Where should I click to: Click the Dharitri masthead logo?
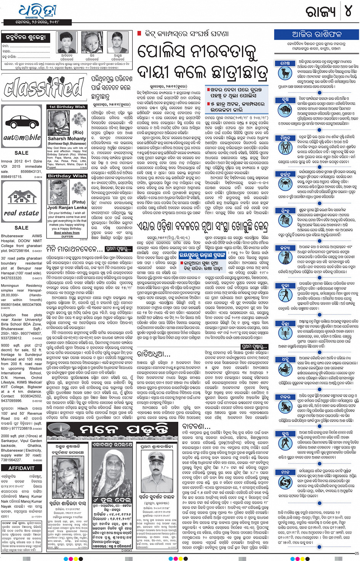coord(37,11)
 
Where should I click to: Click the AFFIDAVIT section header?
coord(21,468)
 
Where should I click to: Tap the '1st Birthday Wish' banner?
coord(67,107)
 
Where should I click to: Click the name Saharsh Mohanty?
coord(67,139)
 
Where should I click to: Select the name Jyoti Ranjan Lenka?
coord(67,208)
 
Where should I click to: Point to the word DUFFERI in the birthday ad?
coord(67,237)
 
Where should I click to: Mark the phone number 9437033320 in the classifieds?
coord(16,278)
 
